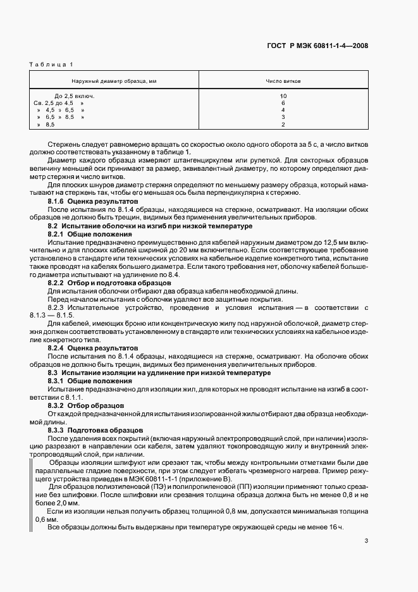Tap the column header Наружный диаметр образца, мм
click(x=114, y=82)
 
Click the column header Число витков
click(x=283, y=82)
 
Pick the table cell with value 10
click(x=283, y=96)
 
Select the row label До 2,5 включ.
click(x=78, y=96)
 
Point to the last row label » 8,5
click(x=46, y=125)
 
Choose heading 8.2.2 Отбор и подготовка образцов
click(x=107, y=283)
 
